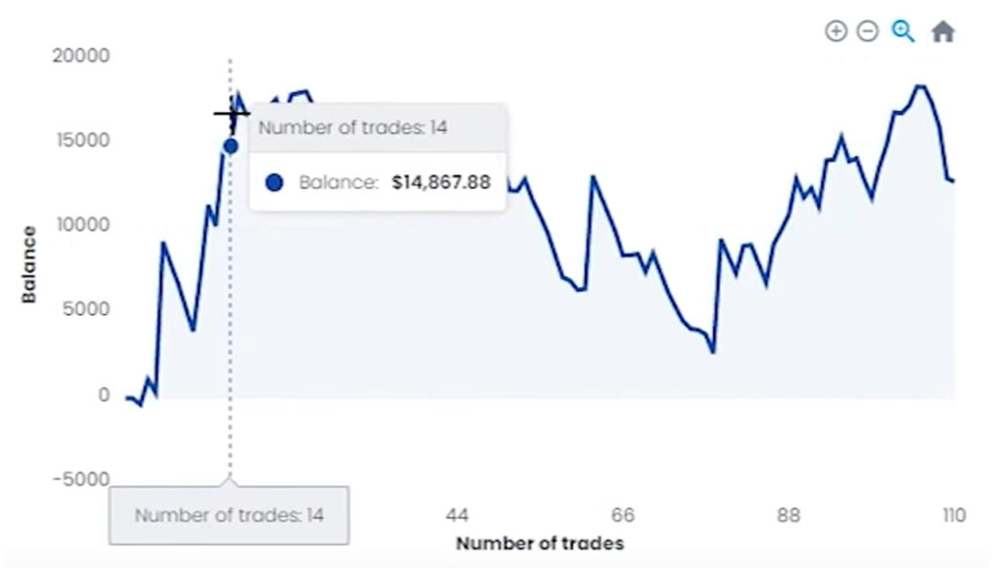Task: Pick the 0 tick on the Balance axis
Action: pyautogui.click(x=103, y=395)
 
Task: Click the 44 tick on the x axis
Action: pyautogui.click(x=457, y=515)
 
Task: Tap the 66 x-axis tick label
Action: pyautogui.click(x=622, y=515)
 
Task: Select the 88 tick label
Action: pyautogui.click(x=788, y=515)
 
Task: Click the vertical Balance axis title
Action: pyautogui.click(x=29, y=264)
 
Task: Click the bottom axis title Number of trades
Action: pyautogui.click(x=539, y=543)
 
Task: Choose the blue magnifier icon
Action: pyautogui.click(x=904, y=31)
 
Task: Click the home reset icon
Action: pyautogui.click(x=943, y=31)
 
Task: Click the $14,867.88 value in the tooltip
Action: pyautogui.click(x=441, y=182)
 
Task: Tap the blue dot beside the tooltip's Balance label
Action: pyautogui.click(x=274, y=182)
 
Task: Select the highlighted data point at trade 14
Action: pyautogui.click(x=231, y=146)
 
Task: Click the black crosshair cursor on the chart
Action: pyautogui.click(x=231, y=114)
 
